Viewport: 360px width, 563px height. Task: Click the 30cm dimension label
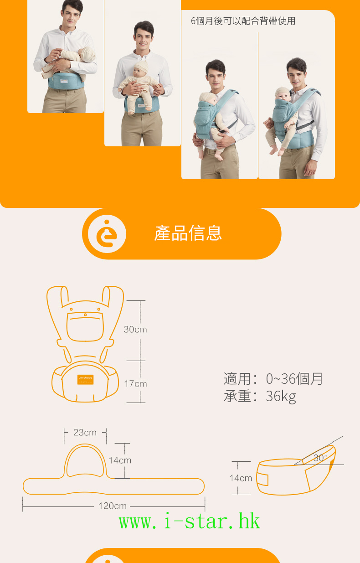point(135,329)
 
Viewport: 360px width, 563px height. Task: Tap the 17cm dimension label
point(135,384)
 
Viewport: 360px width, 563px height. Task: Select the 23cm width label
point(85,433)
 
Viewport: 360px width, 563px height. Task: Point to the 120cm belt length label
point(112,506)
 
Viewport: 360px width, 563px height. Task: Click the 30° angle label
point(320,458)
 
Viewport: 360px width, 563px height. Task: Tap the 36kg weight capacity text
point(281,396)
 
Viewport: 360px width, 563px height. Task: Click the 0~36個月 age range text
point(294,379)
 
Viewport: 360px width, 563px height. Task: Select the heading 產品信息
point(188,233)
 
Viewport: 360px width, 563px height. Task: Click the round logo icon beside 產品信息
point(107,234)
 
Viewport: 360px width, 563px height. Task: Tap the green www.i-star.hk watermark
point(190,522)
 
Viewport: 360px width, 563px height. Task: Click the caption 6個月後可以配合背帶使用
point(243,21)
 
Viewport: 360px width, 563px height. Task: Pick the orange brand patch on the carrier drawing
point(85,380)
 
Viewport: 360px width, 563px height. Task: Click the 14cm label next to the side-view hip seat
point(241,478)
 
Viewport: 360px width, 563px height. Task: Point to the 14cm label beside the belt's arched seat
point(120,460)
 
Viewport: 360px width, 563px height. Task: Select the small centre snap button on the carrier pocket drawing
point(85,315)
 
